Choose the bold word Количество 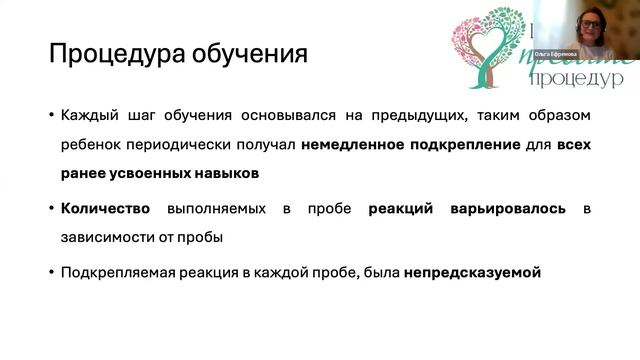(x=105, y=208)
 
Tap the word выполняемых (x=226, y=208)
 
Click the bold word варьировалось (x=511, y=208)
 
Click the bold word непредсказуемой (x=473, y=272)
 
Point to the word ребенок (x=91, y=144)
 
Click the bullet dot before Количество (x=50, y=208)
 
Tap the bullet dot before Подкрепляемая (x=50, y=272)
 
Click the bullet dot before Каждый (x=50, y=115)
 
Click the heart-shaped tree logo (x=487, y=44)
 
